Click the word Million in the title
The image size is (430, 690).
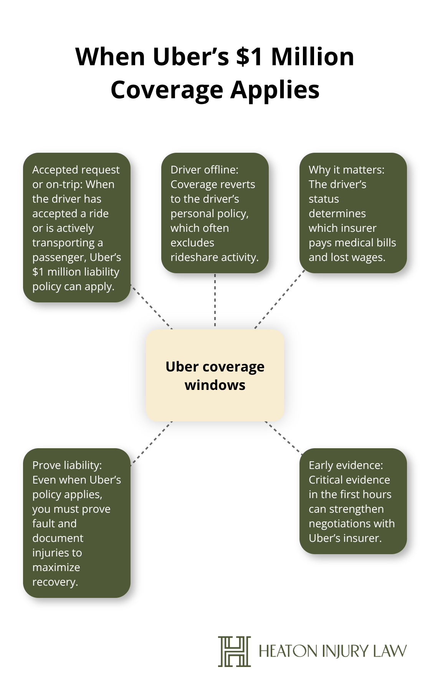pyautogui.click(x=313, y=57)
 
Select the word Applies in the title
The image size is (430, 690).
pyautogui.click(x=275, y=90)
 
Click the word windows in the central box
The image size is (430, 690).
pyautogui.click(x=215, y=385)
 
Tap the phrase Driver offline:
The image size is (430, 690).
pyautogui.click(x=204, y=170)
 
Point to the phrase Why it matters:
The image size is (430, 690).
pyautogui.click(x=346, y=170)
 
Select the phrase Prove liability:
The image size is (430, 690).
pyautogui.click(x=67, y=465)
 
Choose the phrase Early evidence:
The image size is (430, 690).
pyautogui.click(x=346, y=465)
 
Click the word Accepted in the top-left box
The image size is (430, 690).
pyautogui.click(x=54, y=170)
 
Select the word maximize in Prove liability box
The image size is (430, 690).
pyautogui.click(x=56, y=567)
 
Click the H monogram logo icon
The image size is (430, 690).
pyautogui.click(x=234, y=651)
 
